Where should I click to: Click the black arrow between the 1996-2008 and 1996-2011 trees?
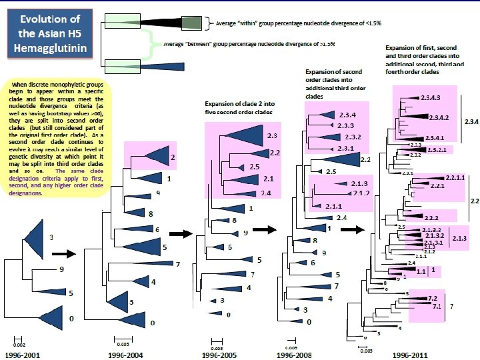(x=352, y=230)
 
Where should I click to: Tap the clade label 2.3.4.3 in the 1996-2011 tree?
(x=430, y=98)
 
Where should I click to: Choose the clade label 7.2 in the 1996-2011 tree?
(x=432, y=298)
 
